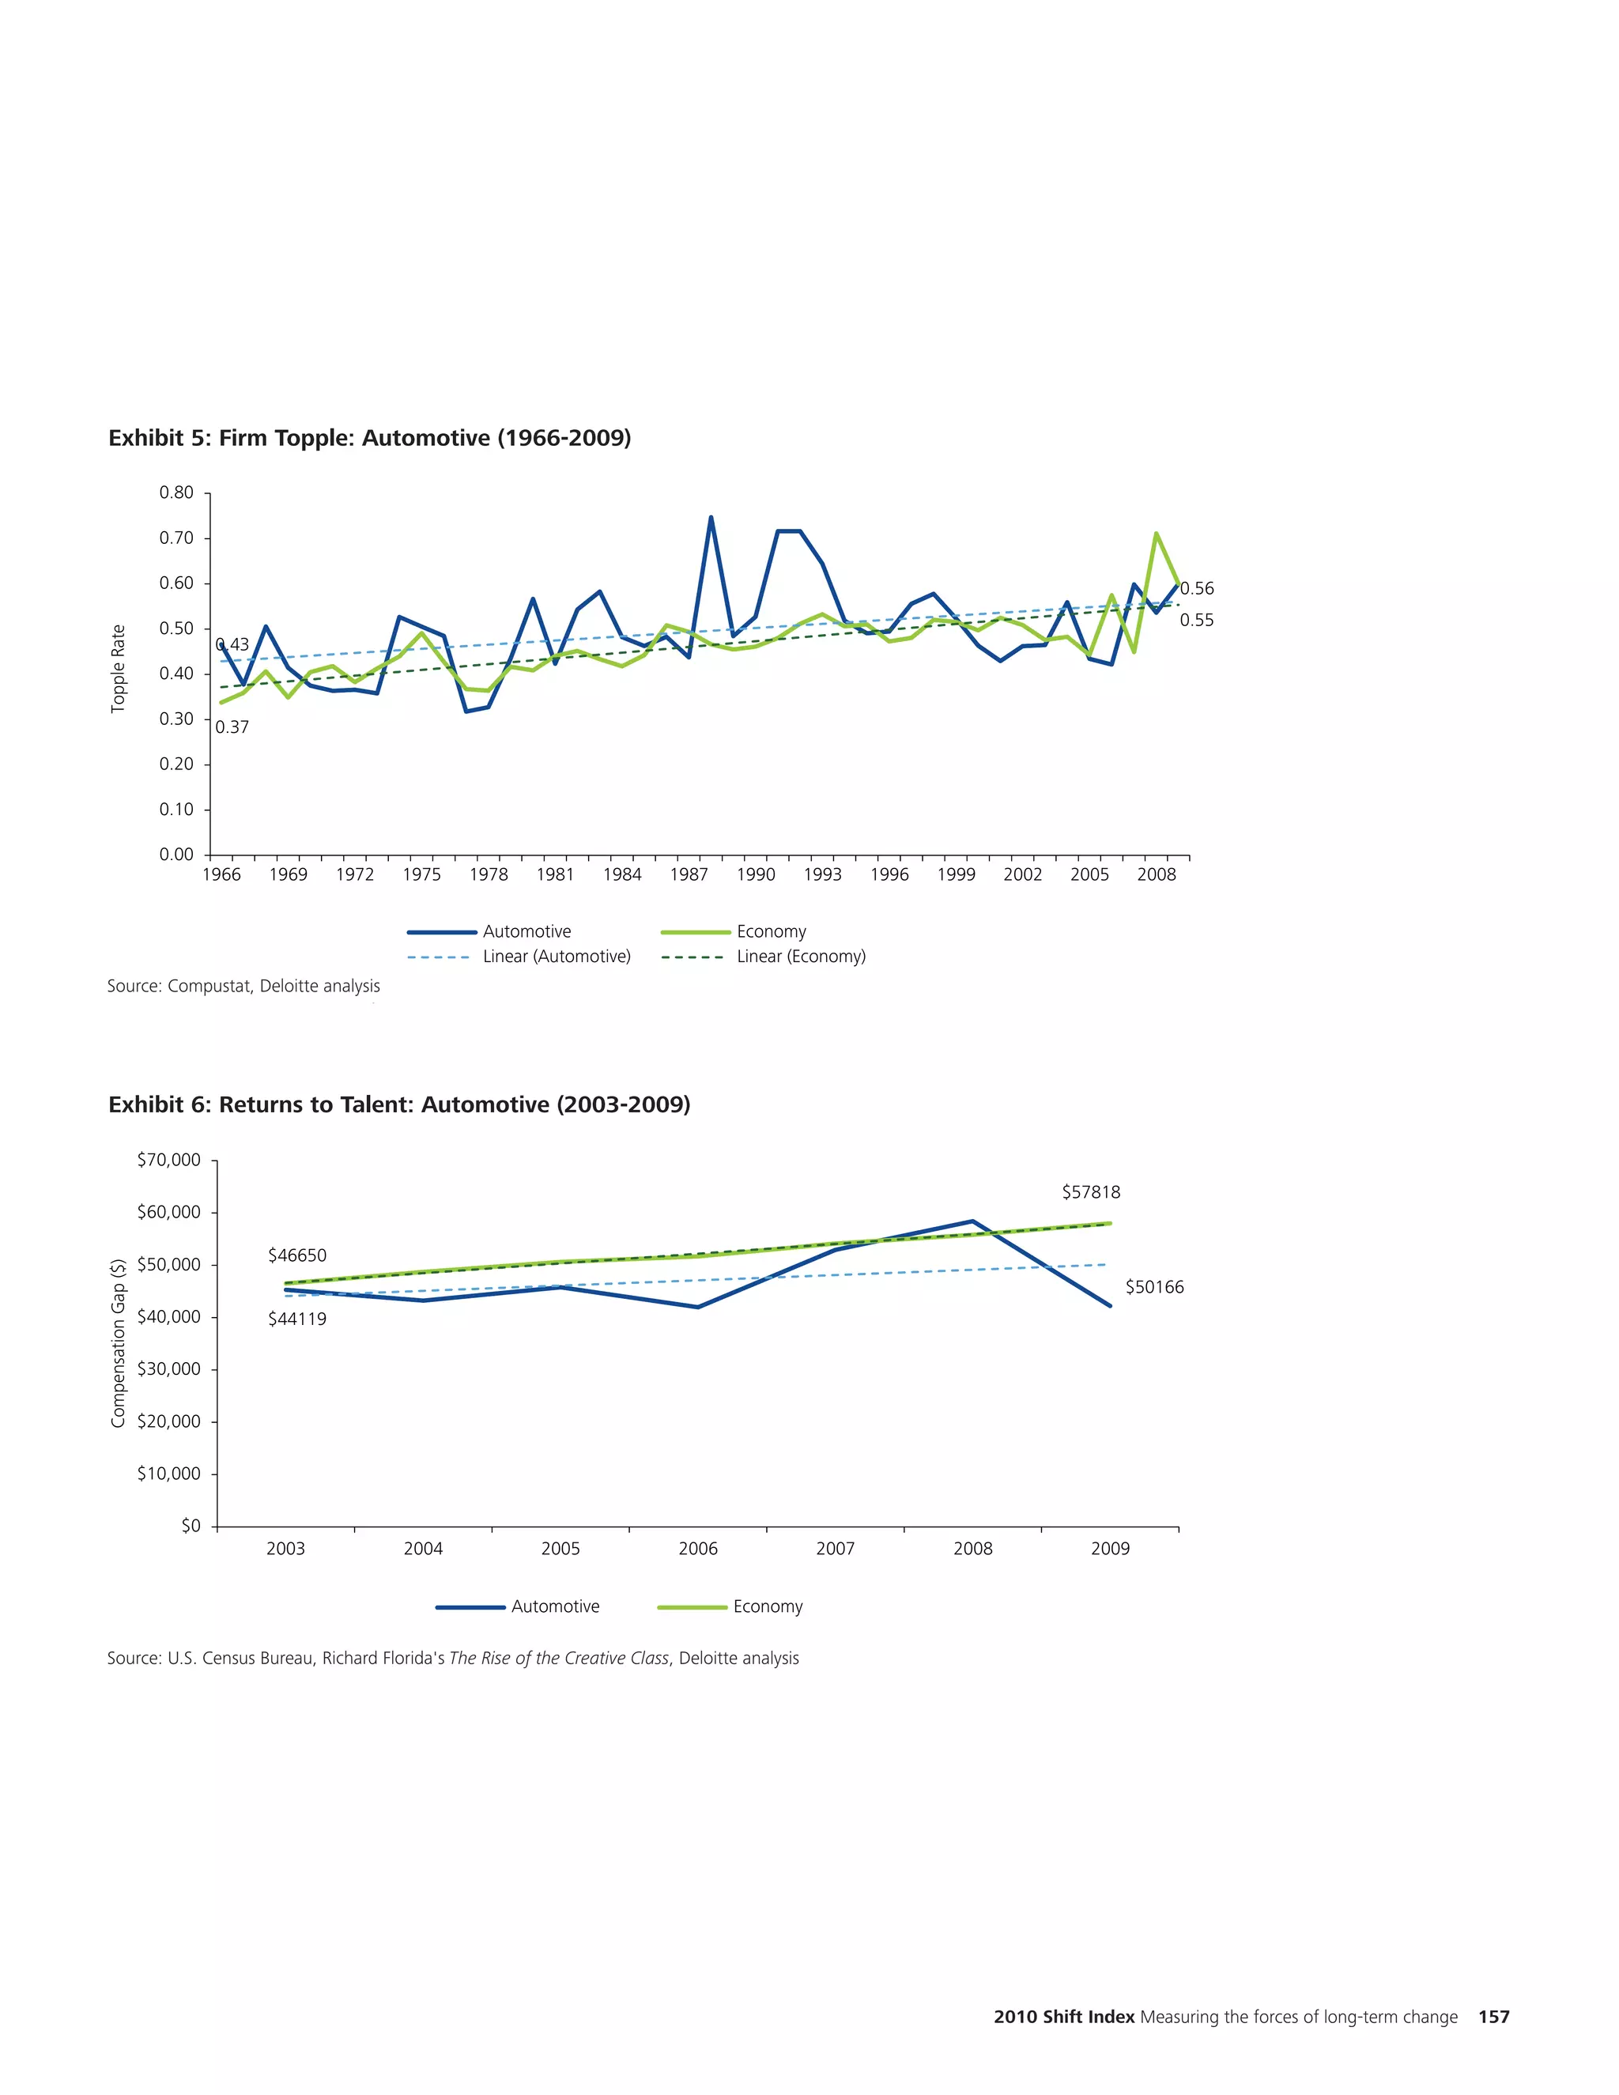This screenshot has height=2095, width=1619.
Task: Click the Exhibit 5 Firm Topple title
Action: pyautogui.click(x=369, y=439)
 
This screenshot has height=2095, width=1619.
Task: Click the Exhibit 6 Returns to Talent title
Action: pyautogui.click(x=399, y=1104)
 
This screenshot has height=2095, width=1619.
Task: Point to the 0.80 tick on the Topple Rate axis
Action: pyautogui.click(x=176, y=493)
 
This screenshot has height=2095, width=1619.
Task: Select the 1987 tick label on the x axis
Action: pyautogui.click(x=689, y=875)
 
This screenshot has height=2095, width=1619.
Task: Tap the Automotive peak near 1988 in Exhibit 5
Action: pyautogui.click(x=711, y=518)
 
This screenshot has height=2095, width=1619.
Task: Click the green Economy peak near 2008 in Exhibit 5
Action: pyautogui.click(x=1156, y=534)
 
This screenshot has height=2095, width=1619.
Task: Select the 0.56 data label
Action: pyautogui.click(x=1196, y=589)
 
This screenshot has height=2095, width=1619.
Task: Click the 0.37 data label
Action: pyautogui.click(x=232, y=727)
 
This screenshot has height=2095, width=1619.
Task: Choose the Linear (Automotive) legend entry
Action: pyautogui.click(x=557, y=957)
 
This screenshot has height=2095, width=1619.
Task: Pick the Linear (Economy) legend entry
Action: pyautogui.click(x=801, y=957)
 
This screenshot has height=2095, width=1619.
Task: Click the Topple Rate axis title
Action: pyautogui.click(x=119, y=669)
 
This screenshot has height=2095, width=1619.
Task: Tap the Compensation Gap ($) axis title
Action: pyautogui.click(x=119, y=1343)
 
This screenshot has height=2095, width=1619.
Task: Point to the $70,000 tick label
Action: pyautogui.click(x=169, y=1161)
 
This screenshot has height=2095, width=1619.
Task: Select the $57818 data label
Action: pyautogui.click(x=1090, y=1192)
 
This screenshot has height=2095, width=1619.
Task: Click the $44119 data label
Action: pyautogui.click(x=297, y=1319)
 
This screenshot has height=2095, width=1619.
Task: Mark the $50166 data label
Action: pyautogui.click(x=1154, y=1287)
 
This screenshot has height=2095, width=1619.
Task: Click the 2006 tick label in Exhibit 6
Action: pyautogui.click(x=697, y=1548)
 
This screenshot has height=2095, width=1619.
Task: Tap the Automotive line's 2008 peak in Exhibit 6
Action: pyautogui.click(x=972, y=1221)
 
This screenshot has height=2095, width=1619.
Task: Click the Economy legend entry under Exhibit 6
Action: pyautogui.click(x=768, y=1606)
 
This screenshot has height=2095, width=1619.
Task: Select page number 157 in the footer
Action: pyautogui.click(x=1493, y=2017)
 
